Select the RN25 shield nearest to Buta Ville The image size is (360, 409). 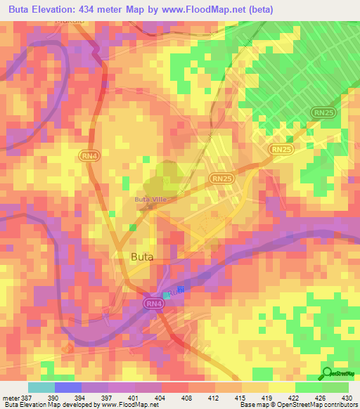pos(221,179)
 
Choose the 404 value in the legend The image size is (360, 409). pos(169,398)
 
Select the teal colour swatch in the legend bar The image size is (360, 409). pos(41,387)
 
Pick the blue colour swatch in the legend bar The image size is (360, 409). pos(67,387)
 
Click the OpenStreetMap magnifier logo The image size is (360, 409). pos(328,373)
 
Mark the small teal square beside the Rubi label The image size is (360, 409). pos(167,294)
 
